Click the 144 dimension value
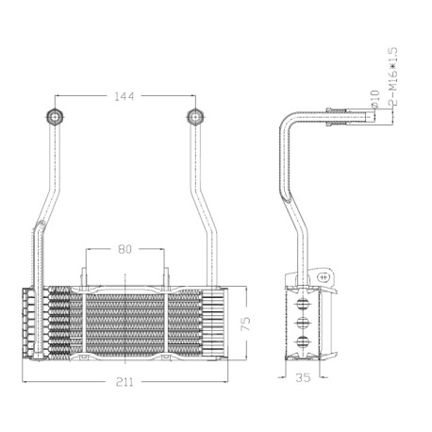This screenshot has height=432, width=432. [125, 96]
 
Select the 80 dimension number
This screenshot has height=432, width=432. [125, 249]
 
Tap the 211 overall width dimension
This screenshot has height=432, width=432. [125, 382]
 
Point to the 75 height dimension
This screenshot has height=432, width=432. [245, 324]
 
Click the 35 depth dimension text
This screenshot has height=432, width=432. [303, 377]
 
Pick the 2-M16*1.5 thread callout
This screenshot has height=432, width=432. [393, 77]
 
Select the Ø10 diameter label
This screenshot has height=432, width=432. [375, 98]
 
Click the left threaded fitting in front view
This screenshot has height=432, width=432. [55, 117]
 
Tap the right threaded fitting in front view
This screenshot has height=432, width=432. [195, 117]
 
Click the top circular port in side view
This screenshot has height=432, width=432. [303, 303]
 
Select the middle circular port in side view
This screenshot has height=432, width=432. [303, 323]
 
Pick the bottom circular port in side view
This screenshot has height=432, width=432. [303, 341]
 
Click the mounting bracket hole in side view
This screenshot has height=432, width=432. [323, 277]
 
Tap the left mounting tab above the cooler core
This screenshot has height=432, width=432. [84, 276]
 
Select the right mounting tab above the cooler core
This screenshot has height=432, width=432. [166, 276]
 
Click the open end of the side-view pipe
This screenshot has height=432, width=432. [374, 117]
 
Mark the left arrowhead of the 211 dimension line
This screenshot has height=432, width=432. [25, 382]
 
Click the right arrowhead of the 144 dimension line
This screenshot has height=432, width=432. [192, 95]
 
